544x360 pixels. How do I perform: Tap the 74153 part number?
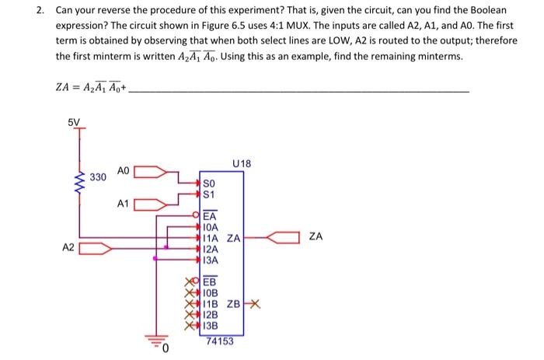(x=220, y=341)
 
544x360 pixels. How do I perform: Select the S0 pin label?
(x=208, y=183)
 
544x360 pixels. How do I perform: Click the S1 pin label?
(x=208, y=194)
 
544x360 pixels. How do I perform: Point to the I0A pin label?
(x=211, y=228)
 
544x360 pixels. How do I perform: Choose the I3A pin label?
(x=211, y=259)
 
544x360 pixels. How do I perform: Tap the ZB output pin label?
(x=234, y=303)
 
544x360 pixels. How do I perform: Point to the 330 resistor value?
(x=97, y=178)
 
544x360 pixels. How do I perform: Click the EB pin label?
(x=210, y=282)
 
